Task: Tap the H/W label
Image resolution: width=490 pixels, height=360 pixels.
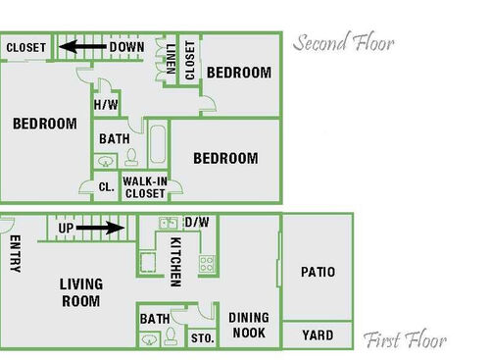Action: pyautogui.click(x=107, y=105)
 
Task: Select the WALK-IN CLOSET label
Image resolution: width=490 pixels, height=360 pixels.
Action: pyautogui.click(x=144, y=187)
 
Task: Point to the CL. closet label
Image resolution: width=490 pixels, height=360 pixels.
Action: pyautogui.click(x=106, y=186)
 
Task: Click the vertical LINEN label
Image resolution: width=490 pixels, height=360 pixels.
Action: pyautogui.click(x=171, y=58)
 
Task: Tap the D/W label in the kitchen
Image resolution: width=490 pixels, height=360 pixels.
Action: pyautogui.click(x=197, y=223)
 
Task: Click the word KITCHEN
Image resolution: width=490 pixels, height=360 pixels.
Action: pyautogui.click(x=175, y=261)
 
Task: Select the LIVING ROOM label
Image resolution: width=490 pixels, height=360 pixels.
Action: pyautogui.click(x=80, y=292)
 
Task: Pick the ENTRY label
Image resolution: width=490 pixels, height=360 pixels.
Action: pyautogui.click(x=15, y=256)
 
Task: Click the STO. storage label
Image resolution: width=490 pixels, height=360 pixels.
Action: pyautogui.click(x=202, y=338)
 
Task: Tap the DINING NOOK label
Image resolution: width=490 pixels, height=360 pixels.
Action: pyautogui.click(x=249, y=326)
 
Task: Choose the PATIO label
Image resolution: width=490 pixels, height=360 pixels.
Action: pyautogui.click(x=318, y=272)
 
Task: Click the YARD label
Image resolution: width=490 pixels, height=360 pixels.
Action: pyautogui.click(x=318, y=335)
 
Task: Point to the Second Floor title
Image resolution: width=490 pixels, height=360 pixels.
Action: pyautogui.click(x=343, y=43)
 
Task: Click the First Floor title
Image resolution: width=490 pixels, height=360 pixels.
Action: pyautogui.click(x=405, y=341)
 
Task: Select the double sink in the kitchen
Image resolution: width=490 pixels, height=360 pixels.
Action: pyautogui.click(x=168, y=224)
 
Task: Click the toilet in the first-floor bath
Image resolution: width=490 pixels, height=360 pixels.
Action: pyautogui.click(x=170, y=337)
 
